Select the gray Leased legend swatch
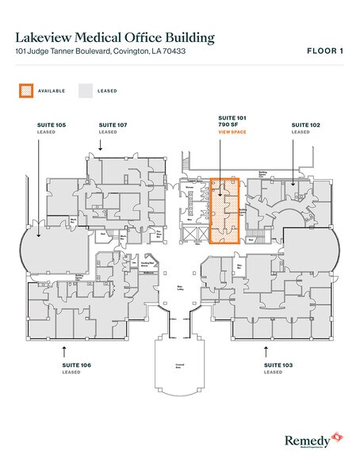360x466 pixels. pos(85,90)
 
